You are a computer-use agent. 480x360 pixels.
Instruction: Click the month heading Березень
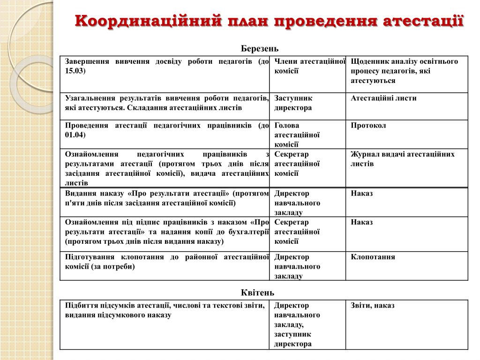click(x=260, y=49)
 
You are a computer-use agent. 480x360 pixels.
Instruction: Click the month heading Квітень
click(x=257, y=292)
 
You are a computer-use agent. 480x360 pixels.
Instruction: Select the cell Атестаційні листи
click(x=383, y=98)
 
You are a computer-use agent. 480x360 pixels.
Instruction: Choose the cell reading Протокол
click(x=368, y=126)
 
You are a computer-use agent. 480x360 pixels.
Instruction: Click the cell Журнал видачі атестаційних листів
click(x=402, y=159)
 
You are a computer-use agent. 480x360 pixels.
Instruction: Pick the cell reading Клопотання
click(x=373, y=257)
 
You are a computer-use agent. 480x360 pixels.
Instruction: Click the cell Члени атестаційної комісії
click(x=309, y=66)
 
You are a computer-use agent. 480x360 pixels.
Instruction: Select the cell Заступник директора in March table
click(x=293, y=103)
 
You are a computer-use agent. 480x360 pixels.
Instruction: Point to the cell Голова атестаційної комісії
click(x=297, y=135)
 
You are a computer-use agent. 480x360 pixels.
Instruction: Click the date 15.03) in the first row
click(x=75, y=71)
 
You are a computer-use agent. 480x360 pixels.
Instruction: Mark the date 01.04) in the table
click(x=75, y=135)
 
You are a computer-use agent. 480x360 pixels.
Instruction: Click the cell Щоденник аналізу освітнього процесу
click(x=404, y=71)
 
